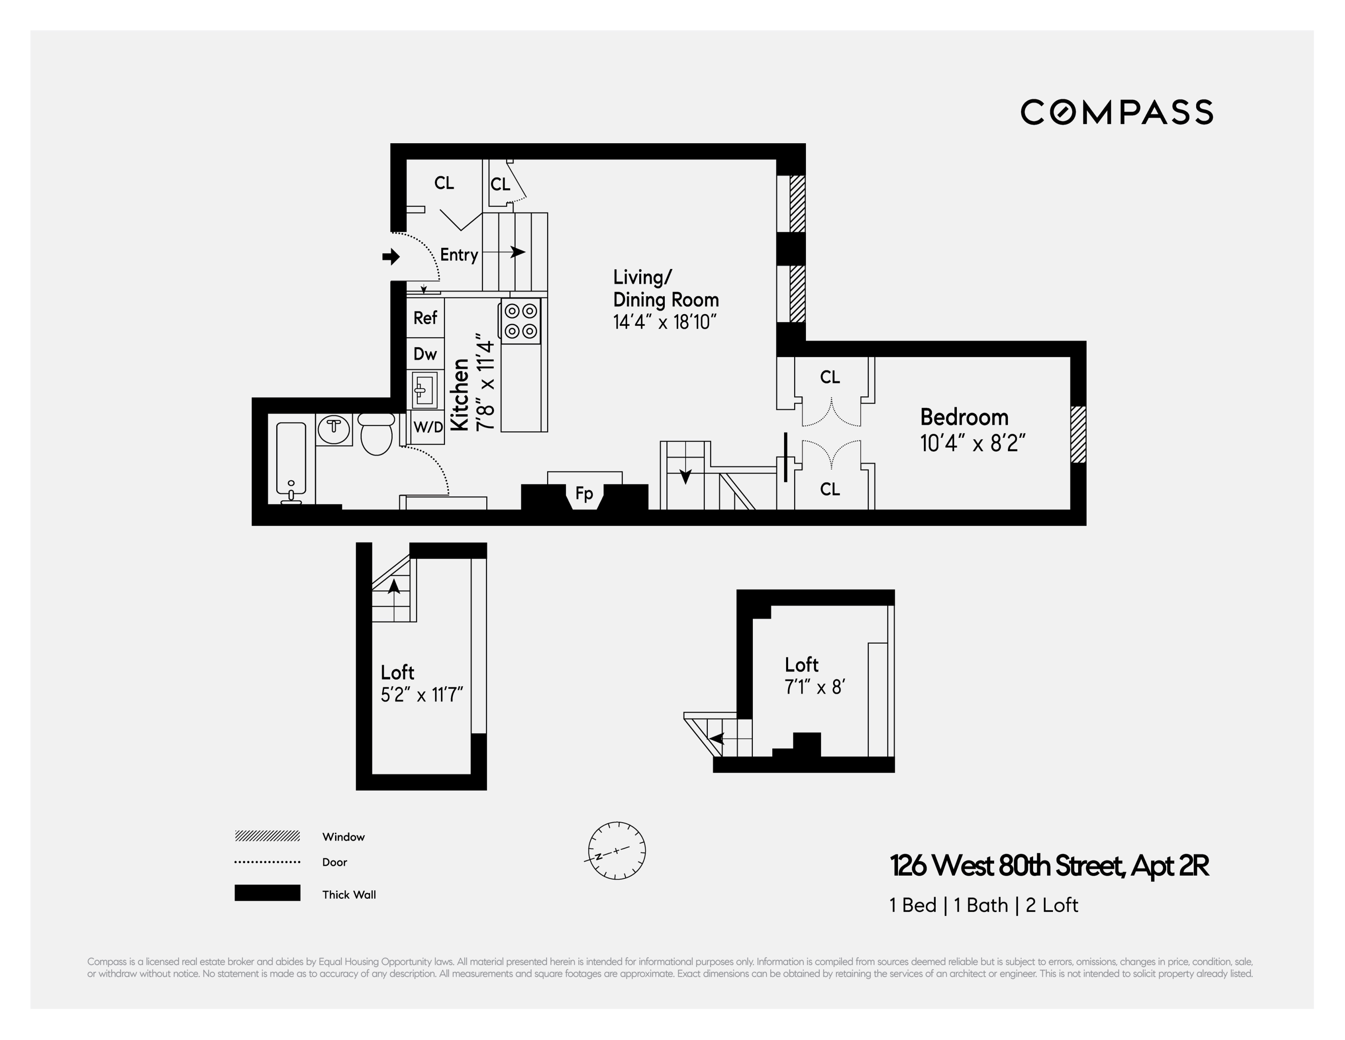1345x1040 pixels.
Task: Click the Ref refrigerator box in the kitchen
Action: point(425,318)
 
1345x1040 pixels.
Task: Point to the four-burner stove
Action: point(520,321)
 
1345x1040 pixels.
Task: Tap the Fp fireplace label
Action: point(584,493)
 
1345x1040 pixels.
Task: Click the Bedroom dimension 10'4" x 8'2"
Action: point(972,443)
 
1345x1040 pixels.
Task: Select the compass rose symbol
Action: point(617,850)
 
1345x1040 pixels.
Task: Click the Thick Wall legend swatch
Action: point(267,893)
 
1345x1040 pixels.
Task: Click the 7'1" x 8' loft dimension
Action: point(814,687)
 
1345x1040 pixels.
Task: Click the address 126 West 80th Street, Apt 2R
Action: point(1049,866)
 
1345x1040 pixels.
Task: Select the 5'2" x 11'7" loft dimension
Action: point(422,695)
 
